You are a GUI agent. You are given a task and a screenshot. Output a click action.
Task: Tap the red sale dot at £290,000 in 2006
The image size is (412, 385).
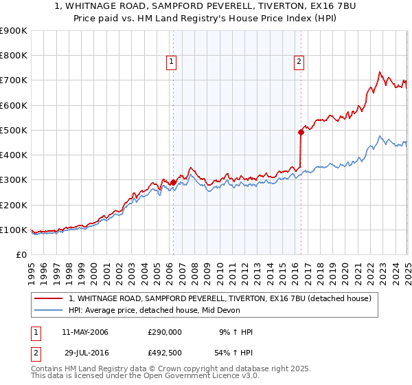[173, 182]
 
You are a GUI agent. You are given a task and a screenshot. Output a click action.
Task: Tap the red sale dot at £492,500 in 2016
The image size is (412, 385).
[301, 132]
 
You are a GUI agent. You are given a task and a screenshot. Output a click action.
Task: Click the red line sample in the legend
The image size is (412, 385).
[49, 298]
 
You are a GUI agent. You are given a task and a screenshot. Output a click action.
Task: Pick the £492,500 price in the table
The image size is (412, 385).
[164, 353]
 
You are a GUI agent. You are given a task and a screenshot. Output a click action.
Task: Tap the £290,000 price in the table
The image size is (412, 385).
[164, 332]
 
